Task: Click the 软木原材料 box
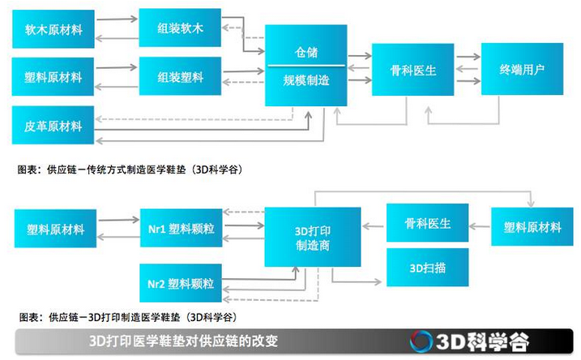tap(54, 30)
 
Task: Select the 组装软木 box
tap(181, 28)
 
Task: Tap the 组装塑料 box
tap(181, 77)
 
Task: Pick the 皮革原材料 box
tap(54, 126)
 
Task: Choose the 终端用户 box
tap(521, 70)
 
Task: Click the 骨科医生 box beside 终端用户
tap(413, 71)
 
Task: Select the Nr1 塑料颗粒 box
tap(181, 227)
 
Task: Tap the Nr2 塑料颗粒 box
tap(181, 283)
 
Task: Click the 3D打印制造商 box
tap(312, 236)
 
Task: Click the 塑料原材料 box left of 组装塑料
tap(54, 78)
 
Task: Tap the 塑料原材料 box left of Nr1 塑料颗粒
tap(54, 228)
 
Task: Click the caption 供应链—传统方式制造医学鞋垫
tap(130, 170)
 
